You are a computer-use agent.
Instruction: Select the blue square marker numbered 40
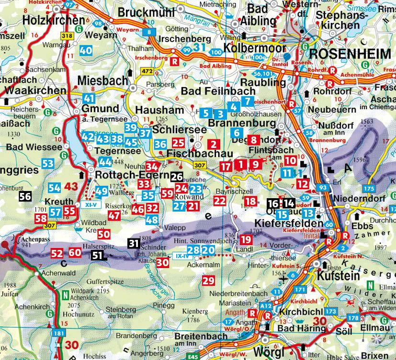(x=87, y=50)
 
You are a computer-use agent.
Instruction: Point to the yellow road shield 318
(x=67, y=36)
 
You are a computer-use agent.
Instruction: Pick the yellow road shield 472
(x=146, y=71)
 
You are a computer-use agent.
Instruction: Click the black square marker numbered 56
(x=25, y=196)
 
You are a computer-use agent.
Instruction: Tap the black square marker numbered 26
(x=176, y=177)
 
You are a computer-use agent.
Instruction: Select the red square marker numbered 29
(x=208, y=281)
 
